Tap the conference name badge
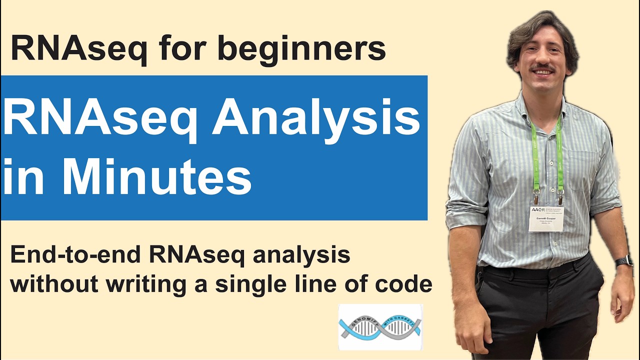[x=546, y=218]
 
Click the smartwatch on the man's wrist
[x=623, y=260]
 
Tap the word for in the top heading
[x=180, y=49]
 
